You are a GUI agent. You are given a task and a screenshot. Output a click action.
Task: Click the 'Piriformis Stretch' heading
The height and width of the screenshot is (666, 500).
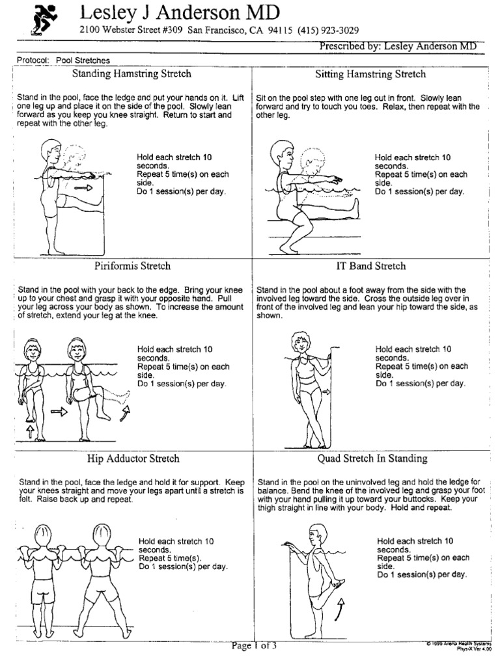[x=133, y=266]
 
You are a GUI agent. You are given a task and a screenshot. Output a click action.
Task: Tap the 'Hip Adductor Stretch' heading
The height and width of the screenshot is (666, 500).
[x=132, y=459]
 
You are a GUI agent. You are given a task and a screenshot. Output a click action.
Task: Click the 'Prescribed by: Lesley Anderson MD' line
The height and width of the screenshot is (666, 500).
[x=398, y=46]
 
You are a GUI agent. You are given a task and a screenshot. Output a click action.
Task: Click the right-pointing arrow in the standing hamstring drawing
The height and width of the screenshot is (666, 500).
[x=84, y=187]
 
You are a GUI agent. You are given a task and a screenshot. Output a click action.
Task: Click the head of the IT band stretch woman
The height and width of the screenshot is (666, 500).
[x=303, y=341]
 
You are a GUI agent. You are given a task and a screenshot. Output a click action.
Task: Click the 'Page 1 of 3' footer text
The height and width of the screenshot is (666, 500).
[x=254, y=646]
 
